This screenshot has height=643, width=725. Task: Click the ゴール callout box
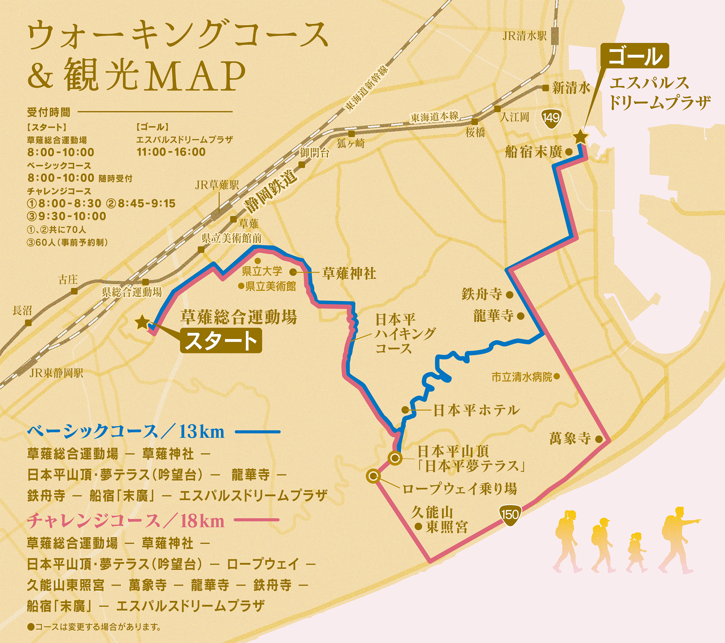tap(634, 56)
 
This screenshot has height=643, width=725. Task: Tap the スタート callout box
tap(221, 341)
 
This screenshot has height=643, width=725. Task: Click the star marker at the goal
tap(580, 137)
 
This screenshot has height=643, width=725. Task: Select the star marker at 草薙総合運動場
tap(142, 322)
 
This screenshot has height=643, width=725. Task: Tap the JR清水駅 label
tap(524, 36)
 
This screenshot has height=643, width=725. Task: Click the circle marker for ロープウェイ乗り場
tap(373, 476)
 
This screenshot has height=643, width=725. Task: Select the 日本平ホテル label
tap(476, 410)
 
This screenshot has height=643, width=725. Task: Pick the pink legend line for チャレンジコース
tap(256, 520)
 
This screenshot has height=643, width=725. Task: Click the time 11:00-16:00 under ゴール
tap(171, 152)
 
